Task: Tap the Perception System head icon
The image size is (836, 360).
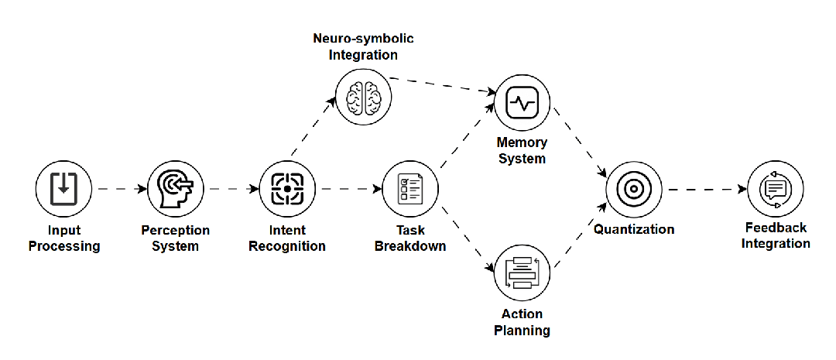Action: pos(176,188)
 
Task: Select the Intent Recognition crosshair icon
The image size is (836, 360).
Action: pos(287,188)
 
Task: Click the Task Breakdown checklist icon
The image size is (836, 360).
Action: pos(410,188)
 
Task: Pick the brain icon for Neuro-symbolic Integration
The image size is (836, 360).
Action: pos(362,97)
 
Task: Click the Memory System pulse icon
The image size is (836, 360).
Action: pos(522,102)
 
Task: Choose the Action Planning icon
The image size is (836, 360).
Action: pos(522,273)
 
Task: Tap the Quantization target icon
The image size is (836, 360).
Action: pos(633,188)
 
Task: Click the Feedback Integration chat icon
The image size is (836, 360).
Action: pos(775,188)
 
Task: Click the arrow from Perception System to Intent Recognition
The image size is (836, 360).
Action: pos(231,188)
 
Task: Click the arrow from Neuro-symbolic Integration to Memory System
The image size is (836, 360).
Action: pos(441,85)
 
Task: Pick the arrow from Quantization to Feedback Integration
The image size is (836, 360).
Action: pos(704,188)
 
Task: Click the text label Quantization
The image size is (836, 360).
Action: pos(633,229)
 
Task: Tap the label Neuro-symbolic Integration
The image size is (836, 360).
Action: pos(362,46)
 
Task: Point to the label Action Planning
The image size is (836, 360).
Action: pos(522,322)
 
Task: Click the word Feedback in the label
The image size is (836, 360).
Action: pos(776,228)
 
